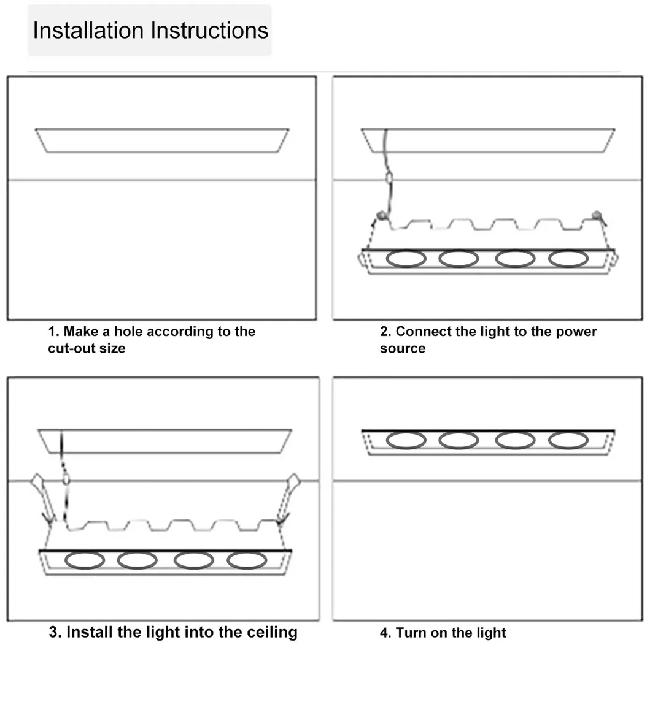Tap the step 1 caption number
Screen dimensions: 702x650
[x=53, y=332]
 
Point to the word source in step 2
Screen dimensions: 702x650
[x=402, y=348]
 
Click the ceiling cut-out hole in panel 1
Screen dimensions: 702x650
[x=162, y=140]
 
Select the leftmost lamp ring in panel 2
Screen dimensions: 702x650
[x=406, y=258]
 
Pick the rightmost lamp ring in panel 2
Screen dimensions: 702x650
[x=568, y=258]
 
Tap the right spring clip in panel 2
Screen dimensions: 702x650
[x=595, y=215]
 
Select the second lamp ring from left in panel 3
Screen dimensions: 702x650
[x=137, y=560]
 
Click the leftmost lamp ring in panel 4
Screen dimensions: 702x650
[x=406, y=440]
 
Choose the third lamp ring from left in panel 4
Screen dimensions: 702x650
[x=515, y=440]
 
